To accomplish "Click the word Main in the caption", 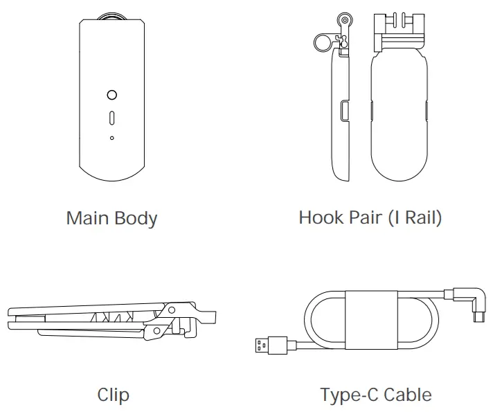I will [85, 219].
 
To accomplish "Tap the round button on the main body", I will [112, 95].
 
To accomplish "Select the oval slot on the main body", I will [112, 117].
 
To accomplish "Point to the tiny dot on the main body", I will [112, 138].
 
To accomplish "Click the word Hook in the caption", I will [321, 217].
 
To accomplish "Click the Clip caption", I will [113, 395].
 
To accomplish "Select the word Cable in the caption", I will [408, 395].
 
